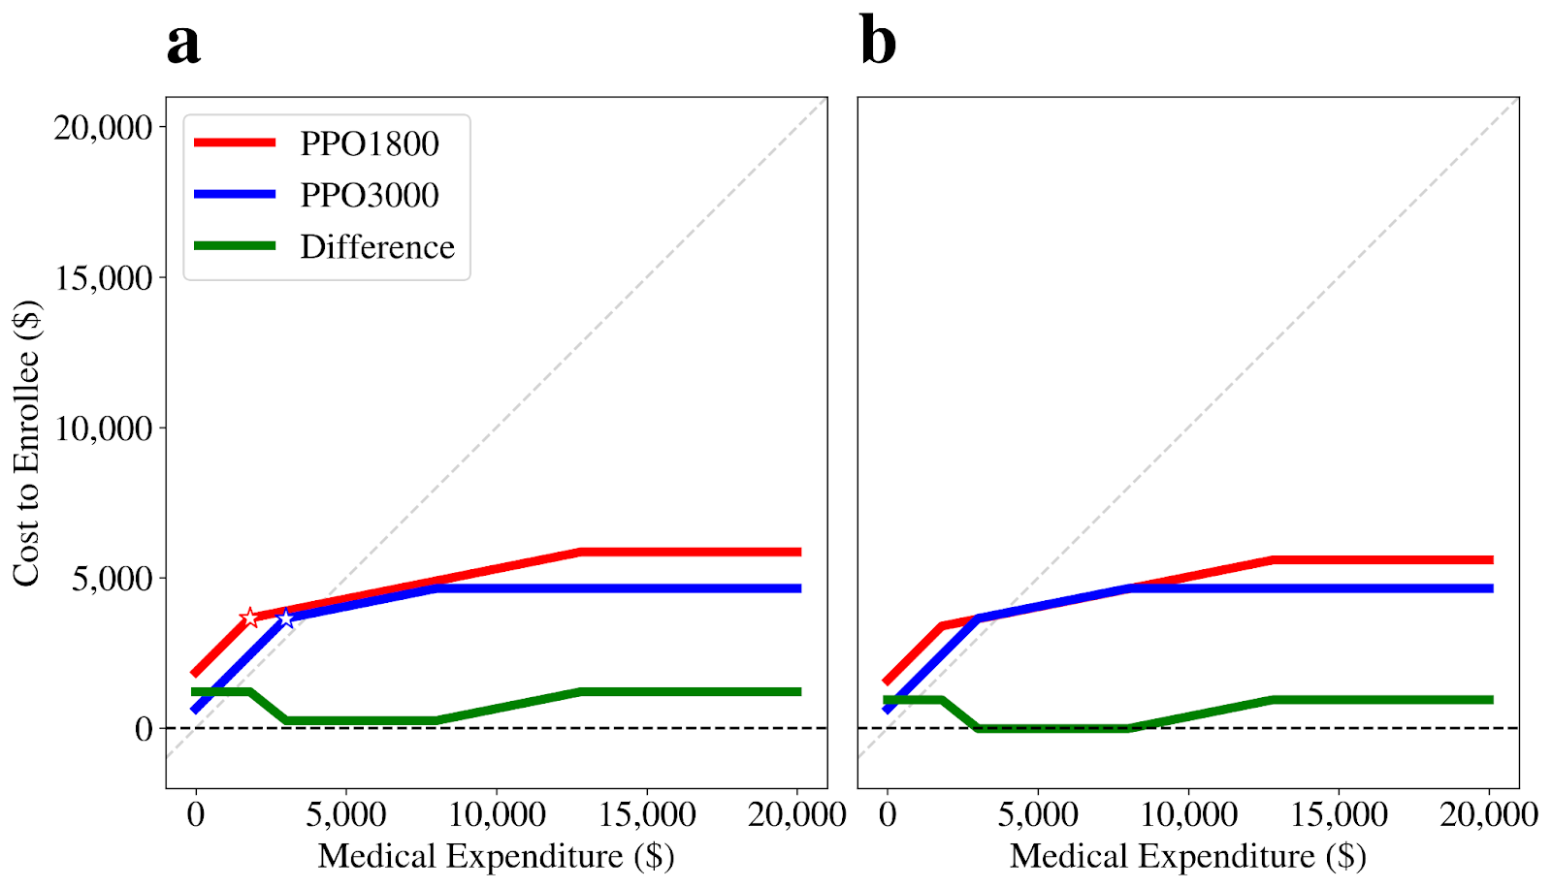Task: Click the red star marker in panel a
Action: (x=250, y=618)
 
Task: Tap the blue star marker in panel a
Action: (x=286, y=618)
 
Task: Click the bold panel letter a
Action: (x=183, y=43)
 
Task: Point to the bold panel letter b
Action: (x=878, y=43)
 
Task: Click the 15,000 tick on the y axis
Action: (x=104, y=278)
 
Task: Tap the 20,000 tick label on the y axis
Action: (x=104, y=128)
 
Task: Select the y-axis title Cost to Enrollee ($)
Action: (x=26, y=443)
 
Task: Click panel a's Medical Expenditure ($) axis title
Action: (x=496, y=856)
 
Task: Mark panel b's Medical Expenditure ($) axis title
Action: (x=1187, y=856)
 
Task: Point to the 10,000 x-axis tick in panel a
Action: (x=497, y=814)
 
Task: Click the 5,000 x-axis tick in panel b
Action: (x=1037, y=814)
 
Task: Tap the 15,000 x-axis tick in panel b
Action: (x=1339, y=814)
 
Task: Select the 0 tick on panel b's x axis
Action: (x=887, y=814)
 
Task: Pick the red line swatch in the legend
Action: (x=235, y=143)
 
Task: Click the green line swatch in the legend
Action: (x=235, y=246)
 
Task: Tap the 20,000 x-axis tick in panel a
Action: (x=797, y=814)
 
